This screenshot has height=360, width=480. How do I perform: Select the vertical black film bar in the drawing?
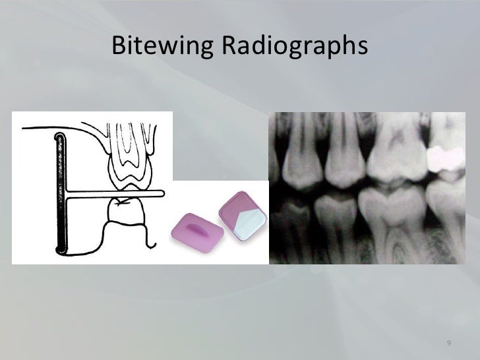[x=61, y=191]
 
